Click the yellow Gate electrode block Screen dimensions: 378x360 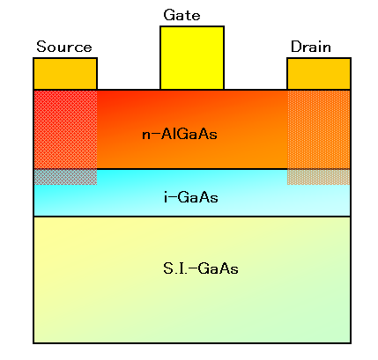(192, 57)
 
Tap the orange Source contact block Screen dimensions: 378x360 (65, 74)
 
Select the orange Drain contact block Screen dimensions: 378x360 (319, 74)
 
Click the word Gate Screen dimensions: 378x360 (182, 15)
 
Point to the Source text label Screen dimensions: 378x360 (64, 47)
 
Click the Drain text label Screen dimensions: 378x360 (311, 47)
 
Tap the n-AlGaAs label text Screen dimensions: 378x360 (180, 135)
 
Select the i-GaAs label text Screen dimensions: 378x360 (191, 197)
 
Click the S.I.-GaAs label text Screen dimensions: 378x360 (201, 268)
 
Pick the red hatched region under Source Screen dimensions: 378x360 (65, 129)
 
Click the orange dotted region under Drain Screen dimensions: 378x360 (319, 129)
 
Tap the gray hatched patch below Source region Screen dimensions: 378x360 (65, 177)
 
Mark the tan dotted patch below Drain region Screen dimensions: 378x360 (319, 177)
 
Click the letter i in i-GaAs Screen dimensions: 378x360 (166, 197)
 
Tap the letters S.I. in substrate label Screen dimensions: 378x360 (175, 268)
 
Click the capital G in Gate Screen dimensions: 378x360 (169, 15)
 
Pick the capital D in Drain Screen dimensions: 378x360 (296, 47)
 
